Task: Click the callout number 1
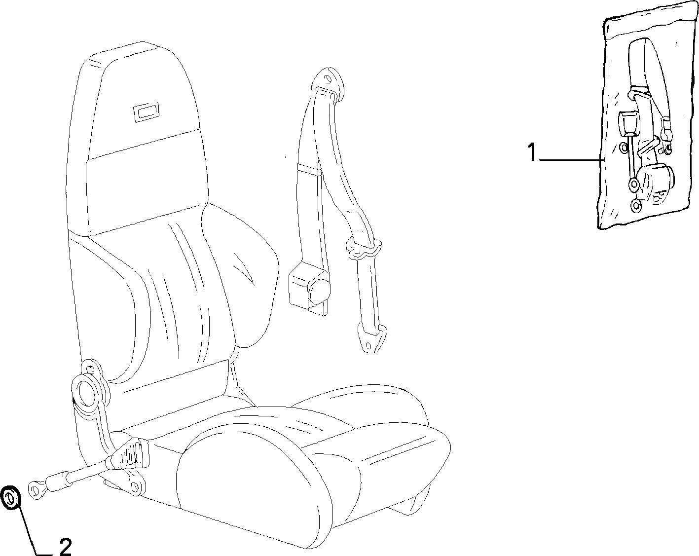click(531, 152)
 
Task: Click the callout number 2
click(66, 547)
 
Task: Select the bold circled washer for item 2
click(11, 497)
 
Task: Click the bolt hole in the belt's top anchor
click(327, 78)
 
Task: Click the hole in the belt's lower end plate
click(368, 345)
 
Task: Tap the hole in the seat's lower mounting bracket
click(135, 486)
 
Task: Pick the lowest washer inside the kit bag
click(636, 205)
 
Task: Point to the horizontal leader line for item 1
click(571, 160)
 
